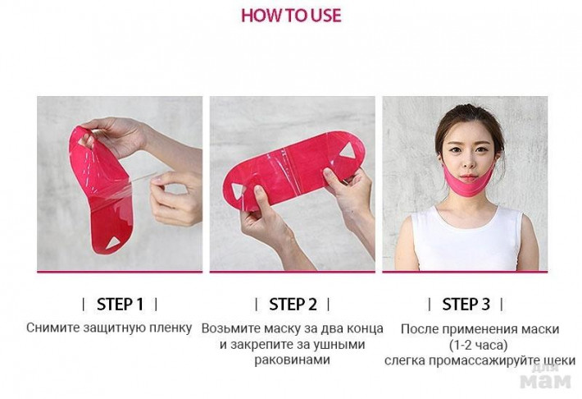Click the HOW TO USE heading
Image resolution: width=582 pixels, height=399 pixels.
pos(291,16)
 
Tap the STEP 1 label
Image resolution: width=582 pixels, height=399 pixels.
pos(120,305)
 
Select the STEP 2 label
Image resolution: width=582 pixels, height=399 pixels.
pos(293,305)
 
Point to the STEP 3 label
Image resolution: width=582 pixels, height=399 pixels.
pos(466,305)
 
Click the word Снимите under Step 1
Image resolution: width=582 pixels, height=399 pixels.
pos(53,328)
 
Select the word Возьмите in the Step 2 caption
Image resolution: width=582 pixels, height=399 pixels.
pos(231,328)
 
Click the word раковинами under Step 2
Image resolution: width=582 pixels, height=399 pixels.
pos(292,360)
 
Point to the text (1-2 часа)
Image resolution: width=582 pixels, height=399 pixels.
pos(479,345)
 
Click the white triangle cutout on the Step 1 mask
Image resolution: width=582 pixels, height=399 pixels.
pos(113,243)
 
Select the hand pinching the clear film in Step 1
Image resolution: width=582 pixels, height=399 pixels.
pos(175,198)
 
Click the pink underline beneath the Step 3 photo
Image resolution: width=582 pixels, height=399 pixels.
pos(465,272)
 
